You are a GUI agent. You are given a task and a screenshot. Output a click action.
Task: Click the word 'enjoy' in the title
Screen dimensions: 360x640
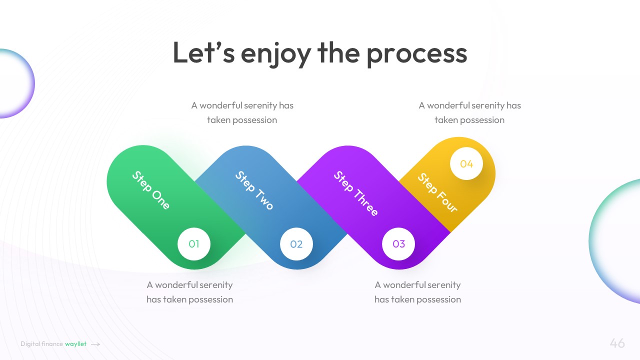tap(275, 53)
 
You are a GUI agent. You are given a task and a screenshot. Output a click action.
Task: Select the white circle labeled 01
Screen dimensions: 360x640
tap(194, 244)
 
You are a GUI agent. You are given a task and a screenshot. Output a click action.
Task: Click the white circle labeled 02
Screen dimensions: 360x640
tap(296, 244)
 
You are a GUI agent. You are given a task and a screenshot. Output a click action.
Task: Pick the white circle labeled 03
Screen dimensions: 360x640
tap(398, 244)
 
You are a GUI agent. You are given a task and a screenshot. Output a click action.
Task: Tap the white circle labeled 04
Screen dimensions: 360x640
tap(466, 163)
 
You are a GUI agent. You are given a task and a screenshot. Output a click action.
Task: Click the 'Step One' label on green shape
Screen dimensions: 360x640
tap(151, 190)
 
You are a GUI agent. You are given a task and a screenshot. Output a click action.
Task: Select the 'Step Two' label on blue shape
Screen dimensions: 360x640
tap(254, 190)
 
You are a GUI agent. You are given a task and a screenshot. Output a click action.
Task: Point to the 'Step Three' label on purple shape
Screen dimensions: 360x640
tap(355, 193)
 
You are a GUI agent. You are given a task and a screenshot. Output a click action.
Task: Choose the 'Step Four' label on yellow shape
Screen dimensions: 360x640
tap(437, 192)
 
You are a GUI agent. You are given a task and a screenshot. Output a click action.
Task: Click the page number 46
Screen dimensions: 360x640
tap(617, 343)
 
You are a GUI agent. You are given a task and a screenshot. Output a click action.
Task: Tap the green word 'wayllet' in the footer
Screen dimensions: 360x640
tap(75, 344)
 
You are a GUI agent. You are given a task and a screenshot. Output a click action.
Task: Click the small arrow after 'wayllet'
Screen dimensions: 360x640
tap(95, 344)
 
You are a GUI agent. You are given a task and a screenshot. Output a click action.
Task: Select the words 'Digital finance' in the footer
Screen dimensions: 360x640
tap(42, 344)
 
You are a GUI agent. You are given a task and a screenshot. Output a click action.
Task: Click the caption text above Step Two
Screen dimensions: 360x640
tap(242, 112)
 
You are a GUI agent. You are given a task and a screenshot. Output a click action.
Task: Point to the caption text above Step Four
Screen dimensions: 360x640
tap(469, 112)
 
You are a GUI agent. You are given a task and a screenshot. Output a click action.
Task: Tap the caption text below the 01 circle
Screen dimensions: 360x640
tap(189, 292)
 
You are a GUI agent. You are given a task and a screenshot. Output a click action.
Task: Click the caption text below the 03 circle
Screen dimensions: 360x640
tap(417, 292)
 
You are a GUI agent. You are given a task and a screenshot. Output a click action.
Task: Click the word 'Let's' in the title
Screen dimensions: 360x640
tap(203, 53)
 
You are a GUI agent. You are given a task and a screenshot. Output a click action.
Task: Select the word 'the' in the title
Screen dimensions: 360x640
tap(338, 53)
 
